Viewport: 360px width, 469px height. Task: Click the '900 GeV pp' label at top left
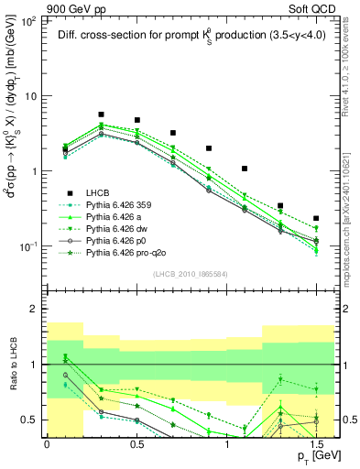coord(31,6)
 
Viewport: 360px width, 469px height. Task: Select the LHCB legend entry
coord(99,193)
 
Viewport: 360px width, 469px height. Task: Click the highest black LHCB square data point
coord(101,115)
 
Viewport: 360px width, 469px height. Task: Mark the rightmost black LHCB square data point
coord(316,219)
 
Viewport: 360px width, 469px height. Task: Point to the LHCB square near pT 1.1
coord(245,169)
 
